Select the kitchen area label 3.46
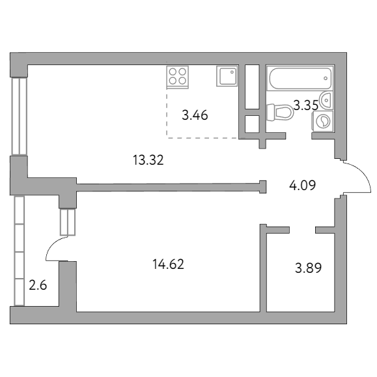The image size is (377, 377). click(195, 117)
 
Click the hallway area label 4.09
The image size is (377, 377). click(302, 184)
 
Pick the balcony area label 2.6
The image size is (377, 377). click(38, 284)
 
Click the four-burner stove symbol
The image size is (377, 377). click(178, 77)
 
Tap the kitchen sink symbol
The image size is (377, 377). click(227, 77)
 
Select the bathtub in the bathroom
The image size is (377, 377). click(300, 80)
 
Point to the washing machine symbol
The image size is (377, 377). click(323, 120)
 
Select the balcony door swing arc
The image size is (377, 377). click(53, 248)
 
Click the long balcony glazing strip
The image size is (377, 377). click(19, 250)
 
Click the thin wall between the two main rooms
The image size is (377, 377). click(169, 187)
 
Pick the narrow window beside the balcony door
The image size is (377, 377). click(67, 221)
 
